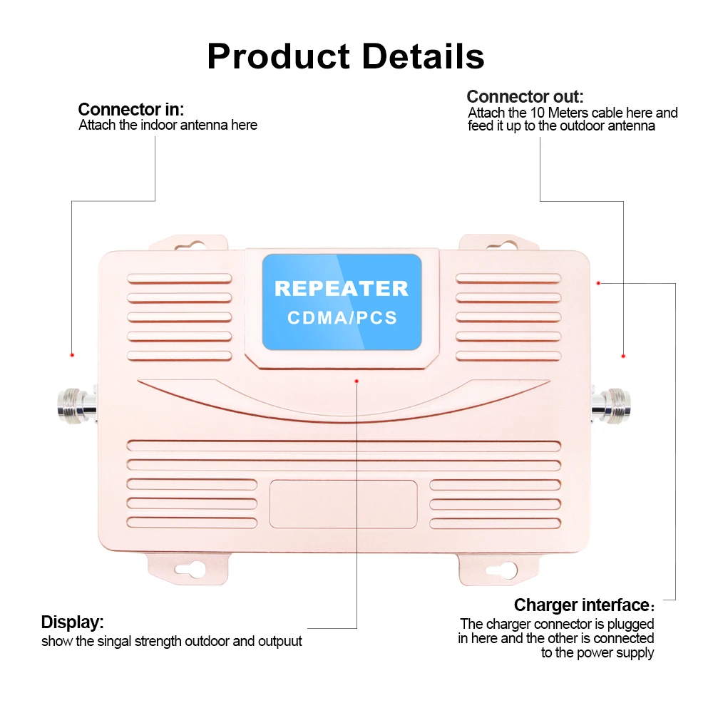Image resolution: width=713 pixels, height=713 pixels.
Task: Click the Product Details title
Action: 346,56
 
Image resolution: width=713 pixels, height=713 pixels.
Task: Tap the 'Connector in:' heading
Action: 130,110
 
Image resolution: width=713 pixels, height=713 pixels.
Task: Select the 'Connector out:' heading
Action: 525,97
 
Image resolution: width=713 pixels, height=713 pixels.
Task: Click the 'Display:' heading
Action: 72,622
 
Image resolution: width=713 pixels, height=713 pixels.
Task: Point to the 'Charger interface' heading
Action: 580,605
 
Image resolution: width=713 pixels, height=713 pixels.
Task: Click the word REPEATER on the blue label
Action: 342,289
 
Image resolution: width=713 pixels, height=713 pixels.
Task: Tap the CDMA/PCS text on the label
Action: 342,318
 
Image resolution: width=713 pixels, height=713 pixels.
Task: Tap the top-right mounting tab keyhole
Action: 507,245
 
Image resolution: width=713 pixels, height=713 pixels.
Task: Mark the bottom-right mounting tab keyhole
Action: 507,570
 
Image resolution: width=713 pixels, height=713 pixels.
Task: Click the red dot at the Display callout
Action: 356,381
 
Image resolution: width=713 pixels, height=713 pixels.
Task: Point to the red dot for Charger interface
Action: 599,283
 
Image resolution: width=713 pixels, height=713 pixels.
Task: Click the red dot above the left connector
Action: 72,354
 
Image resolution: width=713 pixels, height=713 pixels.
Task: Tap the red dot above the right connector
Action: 623,355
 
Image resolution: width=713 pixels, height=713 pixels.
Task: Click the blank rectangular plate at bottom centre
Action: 343,503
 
